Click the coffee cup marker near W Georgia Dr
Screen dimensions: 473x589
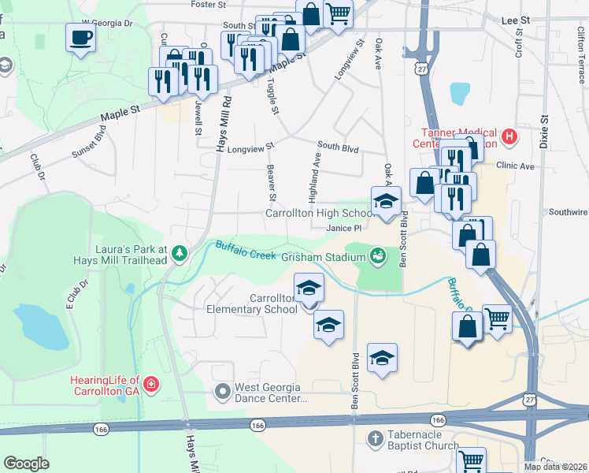[x=80, y=36]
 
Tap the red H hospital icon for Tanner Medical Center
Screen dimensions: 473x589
[x=509, y=137]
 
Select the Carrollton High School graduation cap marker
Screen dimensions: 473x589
[x=386, y=201]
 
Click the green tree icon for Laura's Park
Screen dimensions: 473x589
[x=180, y=252]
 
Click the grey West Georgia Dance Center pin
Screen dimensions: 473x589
[x=223, y=390]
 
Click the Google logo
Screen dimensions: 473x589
[x=26, y=463]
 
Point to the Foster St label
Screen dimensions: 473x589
[x=208, y=4]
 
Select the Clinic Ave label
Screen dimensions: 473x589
[x=515, y=166]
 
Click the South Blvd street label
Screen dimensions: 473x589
[x=338, y=147]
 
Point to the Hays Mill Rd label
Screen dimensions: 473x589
[x=224, y=123]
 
